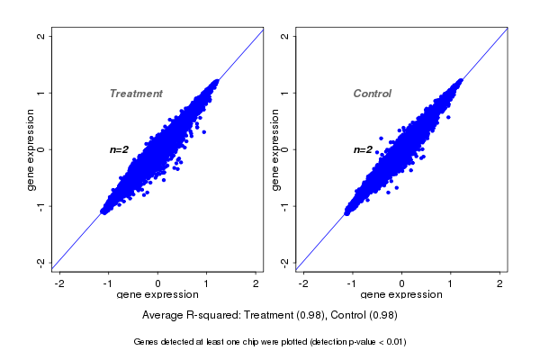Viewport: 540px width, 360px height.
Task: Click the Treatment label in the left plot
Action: point(136,94)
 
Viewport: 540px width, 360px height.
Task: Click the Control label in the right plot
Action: point(372,94)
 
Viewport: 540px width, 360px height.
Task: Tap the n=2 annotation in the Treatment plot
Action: point(120,149)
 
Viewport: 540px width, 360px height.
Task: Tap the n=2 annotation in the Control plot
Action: point(363,149)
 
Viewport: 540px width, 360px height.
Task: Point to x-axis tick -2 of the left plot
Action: point(59,283)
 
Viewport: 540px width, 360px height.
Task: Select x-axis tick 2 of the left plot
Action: point(256,283)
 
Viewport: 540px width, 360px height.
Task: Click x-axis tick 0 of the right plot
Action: point(402,283)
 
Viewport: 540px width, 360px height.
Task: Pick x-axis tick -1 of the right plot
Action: point(352,283)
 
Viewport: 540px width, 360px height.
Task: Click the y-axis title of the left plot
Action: point(31,149)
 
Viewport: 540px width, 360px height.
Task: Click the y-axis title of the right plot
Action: point(274,149)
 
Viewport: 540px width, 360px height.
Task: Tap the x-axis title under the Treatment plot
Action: point(157,295)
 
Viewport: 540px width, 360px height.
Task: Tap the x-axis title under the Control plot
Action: point(401,295)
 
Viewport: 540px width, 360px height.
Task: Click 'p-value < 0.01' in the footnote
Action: point(372,342)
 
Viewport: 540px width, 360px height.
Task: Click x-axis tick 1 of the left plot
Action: point(208,283)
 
